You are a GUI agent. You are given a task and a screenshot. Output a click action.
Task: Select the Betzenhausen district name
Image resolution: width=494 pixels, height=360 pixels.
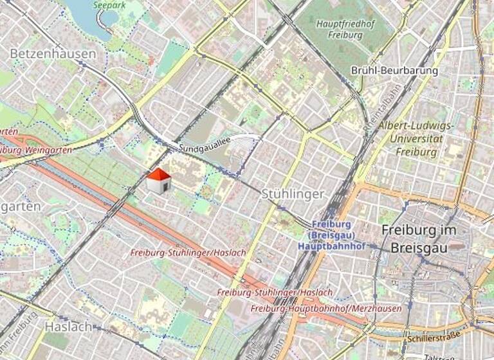(x=53, y=54)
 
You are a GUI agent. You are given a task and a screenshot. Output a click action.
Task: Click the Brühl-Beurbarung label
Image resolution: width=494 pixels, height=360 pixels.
(x=394, y=70)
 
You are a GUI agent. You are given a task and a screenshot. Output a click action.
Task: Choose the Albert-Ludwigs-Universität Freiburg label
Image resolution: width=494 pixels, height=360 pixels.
(x=415, y=139)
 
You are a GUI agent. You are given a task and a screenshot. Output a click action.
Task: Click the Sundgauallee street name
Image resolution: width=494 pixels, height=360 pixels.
(x=205, y=147)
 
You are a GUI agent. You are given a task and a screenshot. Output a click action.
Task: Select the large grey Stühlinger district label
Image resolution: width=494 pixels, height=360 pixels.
(x=293, y=194)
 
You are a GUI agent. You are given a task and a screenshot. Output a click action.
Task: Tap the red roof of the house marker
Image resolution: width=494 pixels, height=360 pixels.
(x=159, y=174)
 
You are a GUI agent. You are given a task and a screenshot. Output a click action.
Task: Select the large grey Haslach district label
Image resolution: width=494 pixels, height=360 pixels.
(x=66, y=326)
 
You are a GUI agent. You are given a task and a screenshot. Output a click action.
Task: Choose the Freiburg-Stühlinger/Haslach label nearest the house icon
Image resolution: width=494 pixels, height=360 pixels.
(x=188, y=253)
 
